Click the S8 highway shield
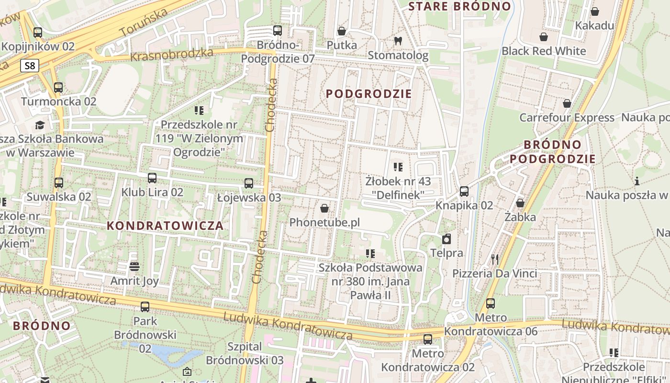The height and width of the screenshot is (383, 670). click(x=30, y=66)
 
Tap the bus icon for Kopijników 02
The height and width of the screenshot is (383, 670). click(x=38, y=33)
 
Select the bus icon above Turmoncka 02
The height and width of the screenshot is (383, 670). click(x=58, y=88)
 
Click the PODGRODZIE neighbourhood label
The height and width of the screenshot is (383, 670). click(x=368, y=94)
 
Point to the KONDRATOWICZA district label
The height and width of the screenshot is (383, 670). click(x=165, y=226)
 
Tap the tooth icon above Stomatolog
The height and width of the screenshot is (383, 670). click(x=397, y=41)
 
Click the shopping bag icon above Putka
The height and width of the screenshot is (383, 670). click(x=342, y=31)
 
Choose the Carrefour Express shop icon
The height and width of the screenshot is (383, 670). click(x=567, y=103)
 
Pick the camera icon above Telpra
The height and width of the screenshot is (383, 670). click(x=447, y=239)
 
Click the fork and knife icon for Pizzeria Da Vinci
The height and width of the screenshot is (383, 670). click(x=495, y=259)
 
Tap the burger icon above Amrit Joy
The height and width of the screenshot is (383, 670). click(x=134, y=266)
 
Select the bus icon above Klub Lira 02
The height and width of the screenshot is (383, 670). click(x=152, y=178)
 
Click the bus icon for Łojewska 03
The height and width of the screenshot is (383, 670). click(x=249, y=183)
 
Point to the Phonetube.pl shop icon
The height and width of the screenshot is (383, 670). click(x=324, y=208)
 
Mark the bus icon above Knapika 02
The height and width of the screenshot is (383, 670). click(x=464, y=191)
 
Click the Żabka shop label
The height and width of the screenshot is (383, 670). click(x=520, y=217)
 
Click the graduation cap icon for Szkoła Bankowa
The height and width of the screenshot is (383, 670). click(x=40, y=125)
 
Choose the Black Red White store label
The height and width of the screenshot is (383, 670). click(x=544, y=51)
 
